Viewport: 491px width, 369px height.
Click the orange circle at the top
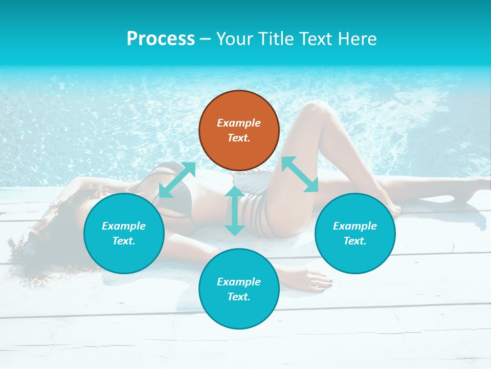click(239, 130)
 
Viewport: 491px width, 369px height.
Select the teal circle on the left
click(124, 233)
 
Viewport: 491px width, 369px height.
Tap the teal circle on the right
click(355, 233)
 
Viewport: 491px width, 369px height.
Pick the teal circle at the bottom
click(239, 289)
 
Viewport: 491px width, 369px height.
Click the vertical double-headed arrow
click(235, 211)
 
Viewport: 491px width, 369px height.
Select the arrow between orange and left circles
click(177, 179)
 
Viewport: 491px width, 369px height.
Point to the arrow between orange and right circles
click(300, 174)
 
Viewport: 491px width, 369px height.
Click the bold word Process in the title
click(161, 38)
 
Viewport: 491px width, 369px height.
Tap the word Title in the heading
click(273, 38)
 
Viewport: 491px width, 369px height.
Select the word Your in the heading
click(233, 38)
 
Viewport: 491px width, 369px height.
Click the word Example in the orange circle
click(239, 123)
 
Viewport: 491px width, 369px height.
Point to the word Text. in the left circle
click(124, 241)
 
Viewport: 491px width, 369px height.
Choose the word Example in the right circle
click(355, 226)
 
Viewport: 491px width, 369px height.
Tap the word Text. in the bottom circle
click(239, 297)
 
